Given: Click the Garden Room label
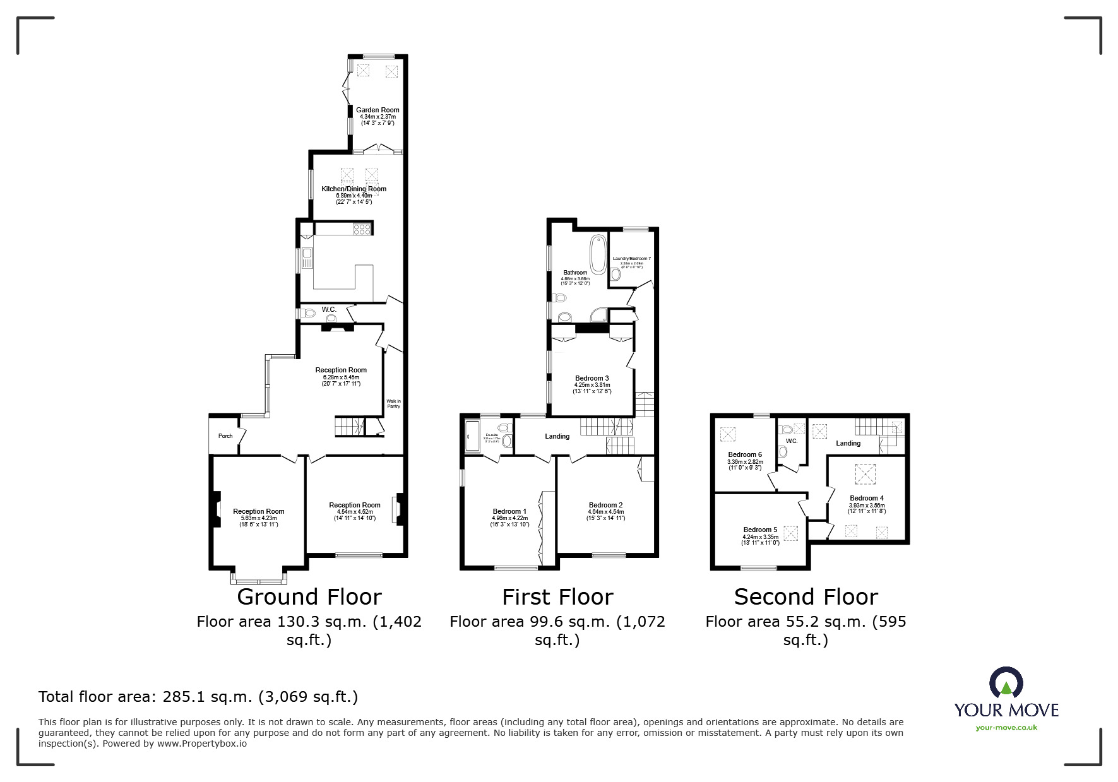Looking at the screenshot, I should tap(378, 110).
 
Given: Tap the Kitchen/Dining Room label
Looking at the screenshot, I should tap(354, 189).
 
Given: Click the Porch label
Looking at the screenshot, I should tap(225, 436).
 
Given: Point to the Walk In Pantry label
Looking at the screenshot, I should tap(393, 403).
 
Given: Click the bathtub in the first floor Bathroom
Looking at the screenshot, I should tap(597, 254).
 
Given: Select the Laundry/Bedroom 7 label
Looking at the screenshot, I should tap(631, 259).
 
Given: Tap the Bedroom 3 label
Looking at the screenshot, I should tap(592, 378).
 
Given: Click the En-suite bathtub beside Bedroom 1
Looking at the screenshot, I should tap(469, 436).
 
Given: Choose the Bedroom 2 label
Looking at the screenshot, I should tap(605, 505).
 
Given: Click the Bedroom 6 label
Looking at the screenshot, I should tap(745, 454).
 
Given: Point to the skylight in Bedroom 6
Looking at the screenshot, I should tap(728, 434).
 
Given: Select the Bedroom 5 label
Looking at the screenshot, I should tap(760, 530).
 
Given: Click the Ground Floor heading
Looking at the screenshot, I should tap(309, 597).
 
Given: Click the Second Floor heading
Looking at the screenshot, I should tap(806, 597).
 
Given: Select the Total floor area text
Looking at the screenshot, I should tap(198, 697).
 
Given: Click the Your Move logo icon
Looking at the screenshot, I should tap(1006, 684).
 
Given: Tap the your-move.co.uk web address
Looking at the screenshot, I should tap(1006, 727).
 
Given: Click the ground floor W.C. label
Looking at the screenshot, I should tap(329, 309).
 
